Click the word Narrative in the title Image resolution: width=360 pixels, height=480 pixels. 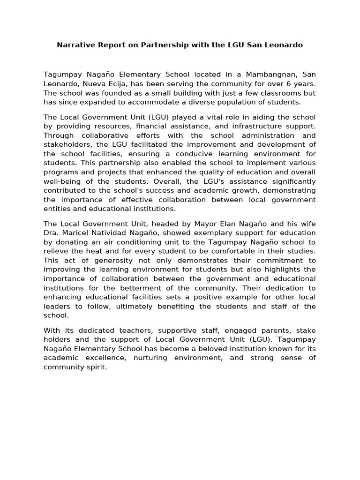pyautogui.click(x=74, y=45)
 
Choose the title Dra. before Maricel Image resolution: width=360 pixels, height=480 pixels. pyautogui.click(x=51, y=233)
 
